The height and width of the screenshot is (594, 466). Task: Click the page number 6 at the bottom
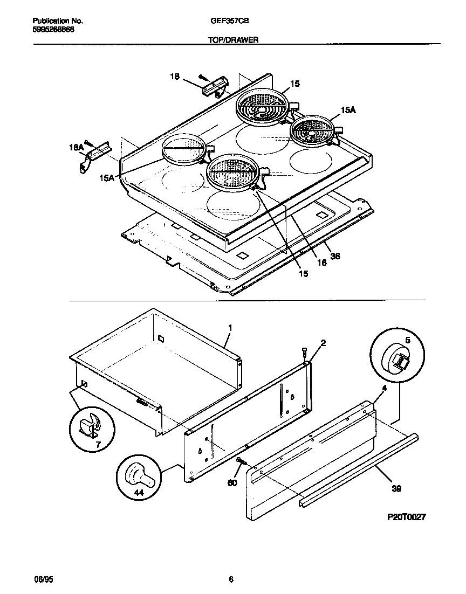[231, 579]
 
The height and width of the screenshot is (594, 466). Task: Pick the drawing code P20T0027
[407, 517]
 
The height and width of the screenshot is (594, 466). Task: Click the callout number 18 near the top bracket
[175, 77]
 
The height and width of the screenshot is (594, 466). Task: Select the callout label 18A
[76, 146]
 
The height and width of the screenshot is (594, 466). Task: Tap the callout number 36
[334, 257]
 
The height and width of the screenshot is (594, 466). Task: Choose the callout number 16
[321, 263]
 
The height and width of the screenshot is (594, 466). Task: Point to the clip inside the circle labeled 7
[88, 427]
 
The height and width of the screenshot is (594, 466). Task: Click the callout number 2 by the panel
[323, 343]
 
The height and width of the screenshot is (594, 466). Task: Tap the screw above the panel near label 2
[305, 353]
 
